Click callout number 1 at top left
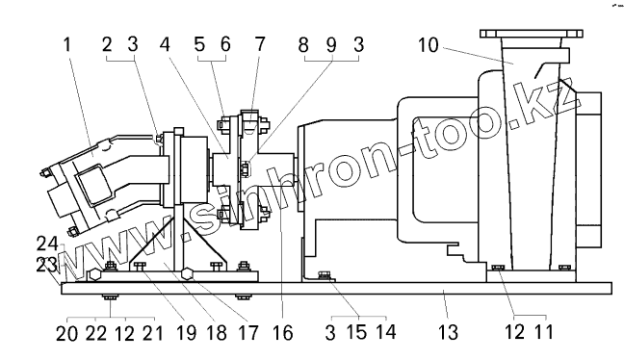point(67,44)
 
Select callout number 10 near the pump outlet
point(429,45)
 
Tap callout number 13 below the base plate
point(449,332)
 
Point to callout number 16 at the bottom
point(283,332)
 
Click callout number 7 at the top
point(260,44)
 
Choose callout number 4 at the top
point(165,44)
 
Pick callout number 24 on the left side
point(47,244)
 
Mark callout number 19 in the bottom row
point(186,332)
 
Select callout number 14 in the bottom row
point(386,331)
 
